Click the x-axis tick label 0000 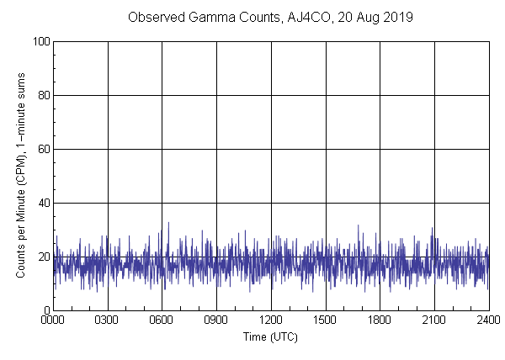tap(53, 320)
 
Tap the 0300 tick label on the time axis tap(108, 320)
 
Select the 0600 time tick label tap(162, 320)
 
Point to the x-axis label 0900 tap(216, 320)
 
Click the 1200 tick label tap(271, 320)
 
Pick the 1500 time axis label tap(326, 320)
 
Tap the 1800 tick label tap(380, 320)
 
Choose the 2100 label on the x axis tap(434, 320)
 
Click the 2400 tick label tap(488, 320)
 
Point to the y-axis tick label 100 tap(40, 41)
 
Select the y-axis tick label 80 tap(43, 95)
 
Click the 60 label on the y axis tap(43, 149)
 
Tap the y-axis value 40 tap(43, 203)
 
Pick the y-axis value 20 tap(43, 257)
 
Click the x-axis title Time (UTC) tap(270, 336)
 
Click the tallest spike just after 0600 tap(168, 223)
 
